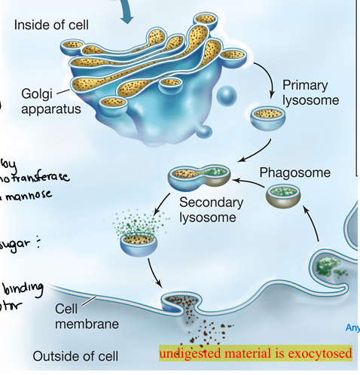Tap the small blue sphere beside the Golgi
click(227, 96)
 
